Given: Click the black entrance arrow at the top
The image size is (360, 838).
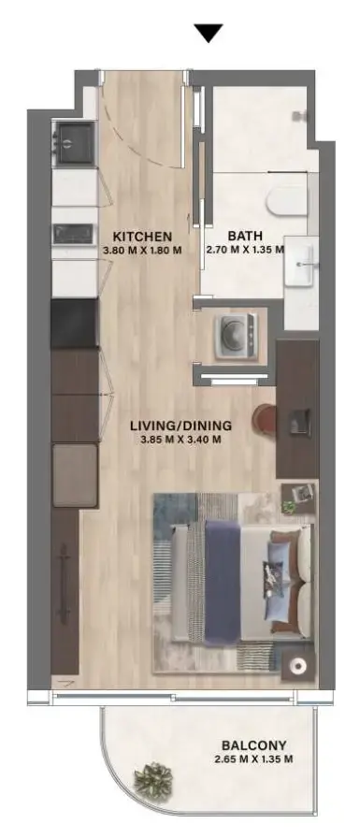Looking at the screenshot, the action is pos(209,33).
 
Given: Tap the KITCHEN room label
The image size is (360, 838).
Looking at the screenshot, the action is pos(142,237).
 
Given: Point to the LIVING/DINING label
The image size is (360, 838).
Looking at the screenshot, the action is pos(181,426).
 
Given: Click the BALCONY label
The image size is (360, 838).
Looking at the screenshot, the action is pos(254,745).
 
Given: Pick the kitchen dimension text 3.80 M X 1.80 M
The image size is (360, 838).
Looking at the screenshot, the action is pos(142,249).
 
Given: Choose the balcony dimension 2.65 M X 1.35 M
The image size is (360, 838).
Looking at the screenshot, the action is pos(254,759).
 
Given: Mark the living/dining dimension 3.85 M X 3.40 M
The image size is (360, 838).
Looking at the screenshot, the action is pos(181,440).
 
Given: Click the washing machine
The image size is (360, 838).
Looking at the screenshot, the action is pos(235,336).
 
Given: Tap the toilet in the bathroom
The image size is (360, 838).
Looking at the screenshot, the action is pos(287,200).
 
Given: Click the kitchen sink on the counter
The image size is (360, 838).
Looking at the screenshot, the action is pos(73,234).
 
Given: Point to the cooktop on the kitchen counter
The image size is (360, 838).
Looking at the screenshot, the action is pos(74,143).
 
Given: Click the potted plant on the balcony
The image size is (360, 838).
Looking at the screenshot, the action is pos(152,780).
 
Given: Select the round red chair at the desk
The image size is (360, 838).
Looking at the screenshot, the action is pos(264,418).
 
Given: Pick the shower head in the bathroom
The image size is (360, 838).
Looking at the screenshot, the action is pos(300,115).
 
